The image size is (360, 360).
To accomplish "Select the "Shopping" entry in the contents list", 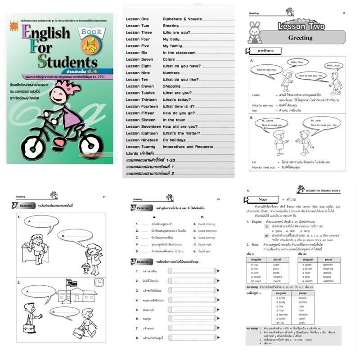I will point(171,86).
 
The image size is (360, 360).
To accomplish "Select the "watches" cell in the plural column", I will point(328,281).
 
